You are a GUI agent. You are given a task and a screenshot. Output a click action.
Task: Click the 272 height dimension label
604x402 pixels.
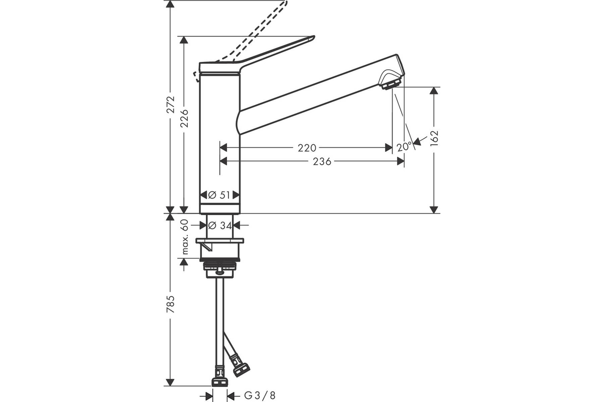pyautogui.click(x=171, y=105)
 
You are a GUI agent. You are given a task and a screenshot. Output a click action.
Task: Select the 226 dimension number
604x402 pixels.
pyautogui.click(x=184, y=118)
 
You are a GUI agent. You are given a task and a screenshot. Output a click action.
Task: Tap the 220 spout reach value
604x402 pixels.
pyautogui.click(x=307, y=148)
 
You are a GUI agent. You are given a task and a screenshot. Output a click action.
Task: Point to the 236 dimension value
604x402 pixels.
pyautogui.click(x=322, y=162)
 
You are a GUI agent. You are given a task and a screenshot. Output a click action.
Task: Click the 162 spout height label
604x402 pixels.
pyautogui.click(x=434, y=138)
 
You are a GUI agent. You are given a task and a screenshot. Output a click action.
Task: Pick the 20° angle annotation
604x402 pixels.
pyautogui.click(x=404, y=147)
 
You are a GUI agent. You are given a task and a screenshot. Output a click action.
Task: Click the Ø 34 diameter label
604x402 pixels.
pyautogui.click(x=220, y=225)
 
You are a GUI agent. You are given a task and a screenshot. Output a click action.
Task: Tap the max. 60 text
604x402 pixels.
pyautogui.click(x=185, y=237)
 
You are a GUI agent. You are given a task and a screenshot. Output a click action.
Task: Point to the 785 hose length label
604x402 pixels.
pyautogui.click(x=171, y=304)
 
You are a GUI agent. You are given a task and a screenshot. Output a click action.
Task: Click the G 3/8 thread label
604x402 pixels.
pyautogui.click(x=260, y=395)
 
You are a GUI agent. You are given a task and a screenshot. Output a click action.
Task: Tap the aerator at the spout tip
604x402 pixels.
pyautogui.click(x=390, y=84)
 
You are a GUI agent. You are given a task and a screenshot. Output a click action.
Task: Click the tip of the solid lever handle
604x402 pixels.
pyautogui.click(x=314, y=37)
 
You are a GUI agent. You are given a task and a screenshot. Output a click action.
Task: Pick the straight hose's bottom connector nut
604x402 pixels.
pyautogui.click(x=219, y=382)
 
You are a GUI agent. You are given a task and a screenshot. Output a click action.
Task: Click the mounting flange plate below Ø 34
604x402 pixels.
pyautogui.click(x=220, y=240)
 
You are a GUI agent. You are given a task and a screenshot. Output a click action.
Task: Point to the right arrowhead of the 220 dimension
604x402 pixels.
pyautogui.click(x=389, y=148)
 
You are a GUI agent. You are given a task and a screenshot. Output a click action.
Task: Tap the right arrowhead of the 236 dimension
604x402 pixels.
pyautogui.click(x=401, y=161)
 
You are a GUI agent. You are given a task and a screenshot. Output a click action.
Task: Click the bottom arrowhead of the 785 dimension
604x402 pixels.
pyautogui.click(x=170, y=382)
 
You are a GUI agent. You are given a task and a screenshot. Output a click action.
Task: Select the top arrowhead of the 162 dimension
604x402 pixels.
pyautogui.click(x=434, y=90)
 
